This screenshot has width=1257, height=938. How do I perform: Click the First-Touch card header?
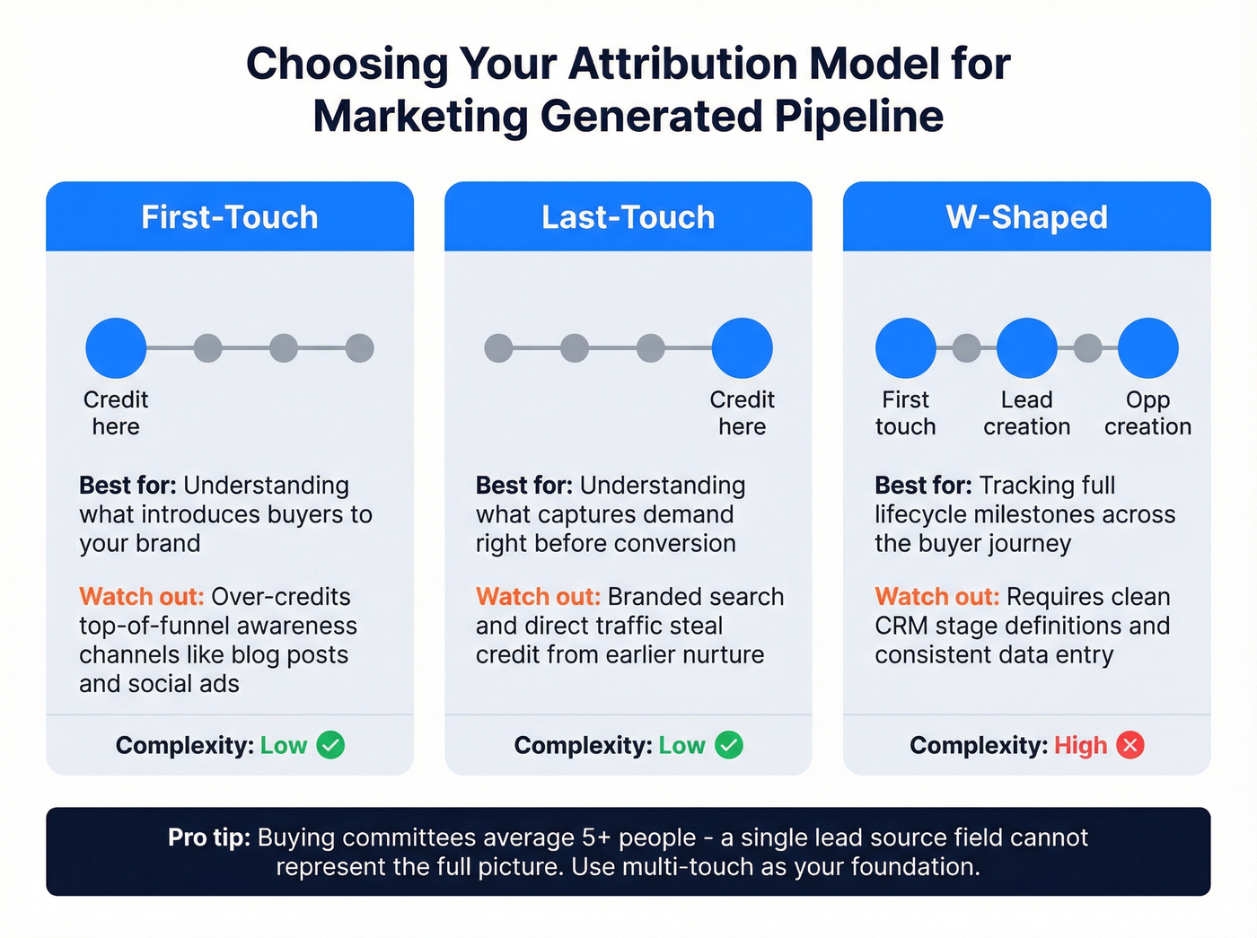[230, 217]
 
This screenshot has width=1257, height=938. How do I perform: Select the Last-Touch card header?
[628, 217]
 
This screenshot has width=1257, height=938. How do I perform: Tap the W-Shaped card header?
[1026, 217]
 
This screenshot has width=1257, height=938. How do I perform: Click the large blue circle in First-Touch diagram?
[116, 348]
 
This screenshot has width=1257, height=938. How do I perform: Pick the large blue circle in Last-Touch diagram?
[742, 348]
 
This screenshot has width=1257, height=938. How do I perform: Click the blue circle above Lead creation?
[1026, 348]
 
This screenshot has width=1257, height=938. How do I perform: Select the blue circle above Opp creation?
[1147, 348]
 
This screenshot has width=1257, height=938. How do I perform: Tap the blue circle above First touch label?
[906, 348]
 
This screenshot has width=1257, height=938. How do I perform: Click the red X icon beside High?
[1130, 745]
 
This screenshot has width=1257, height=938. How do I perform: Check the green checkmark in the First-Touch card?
[330, 745]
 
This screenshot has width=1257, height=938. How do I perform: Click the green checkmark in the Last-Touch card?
[729, 745]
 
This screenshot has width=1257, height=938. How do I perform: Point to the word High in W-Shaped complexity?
[1080, 746]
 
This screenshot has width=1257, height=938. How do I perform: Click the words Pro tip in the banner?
[208, 837]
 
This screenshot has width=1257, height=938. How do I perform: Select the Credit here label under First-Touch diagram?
[116, 413]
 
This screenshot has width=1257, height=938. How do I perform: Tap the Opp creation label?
[1147, 413]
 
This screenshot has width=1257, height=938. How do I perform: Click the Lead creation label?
[1026, 413]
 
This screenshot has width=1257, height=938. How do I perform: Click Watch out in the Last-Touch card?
[538, 597]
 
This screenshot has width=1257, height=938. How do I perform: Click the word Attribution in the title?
[682, 65]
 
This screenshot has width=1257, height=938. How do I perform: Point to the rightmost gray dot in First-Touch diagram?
[359, 348]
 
